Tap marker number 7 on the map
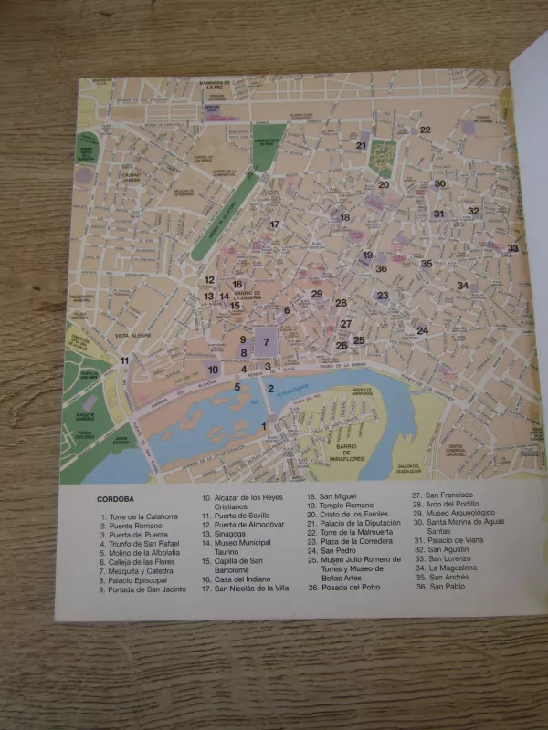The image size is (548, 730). point(266,342)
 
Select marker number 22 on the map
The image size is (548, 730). point(425,130)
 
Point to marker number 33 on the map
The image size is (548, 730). point(512,248)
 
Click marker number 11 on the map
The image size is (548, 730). point(125,360)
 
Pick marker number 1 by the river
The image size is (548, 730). point(265,426)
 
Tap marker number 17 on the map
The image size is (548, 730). point(274,224)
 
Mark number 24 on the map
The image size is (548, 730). point(422,330)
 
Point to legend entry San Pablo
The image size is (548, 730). point(443,587)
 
